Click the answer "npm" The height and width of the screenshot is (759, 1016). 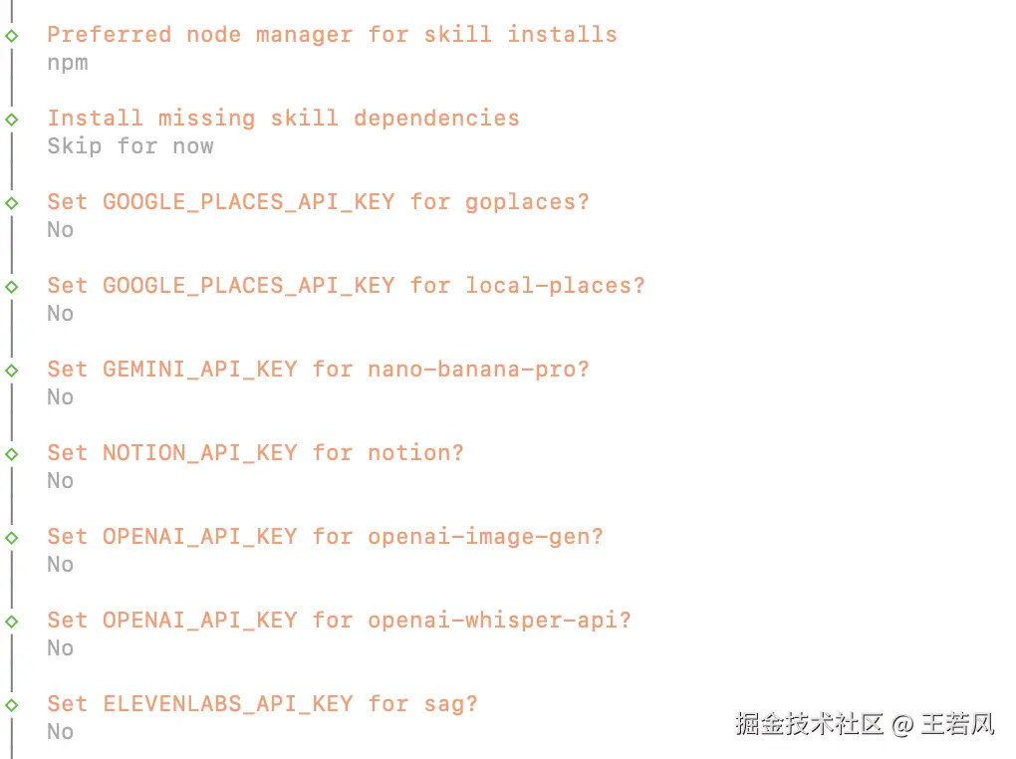point(68,63)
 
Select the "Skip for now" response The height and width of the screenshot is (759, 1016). point(130,146)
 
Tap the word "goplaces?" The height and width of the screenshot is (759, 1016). point(527,202)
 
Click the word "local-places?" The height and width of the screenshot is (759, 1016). point(555,286)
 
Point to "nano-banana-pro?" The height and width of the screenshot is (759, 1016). point(478,370)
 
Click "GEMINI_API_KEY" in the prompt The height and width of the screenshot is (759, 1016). point(199,370)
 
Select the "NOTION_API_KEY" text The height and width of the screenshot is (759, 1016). point(199,453)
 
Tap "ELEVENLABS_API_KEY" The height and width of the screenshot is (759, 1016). point(227,704)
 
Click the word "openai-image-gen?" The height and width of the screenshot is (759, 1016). point(485,537)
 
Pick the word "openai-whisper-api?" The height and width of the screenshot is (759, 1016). point(499,621)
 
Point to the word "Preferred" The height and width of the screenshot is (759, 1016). point(109,35)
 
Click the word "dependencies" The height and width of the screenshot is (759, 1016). point(436,119)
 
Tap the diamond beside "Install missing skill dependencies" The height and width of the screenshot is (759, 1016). point(12,119)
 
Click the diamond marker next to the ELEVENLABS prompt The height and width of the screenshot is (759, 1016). point(12,704)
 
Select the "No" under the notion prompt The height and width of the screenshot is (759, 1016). point(61,481)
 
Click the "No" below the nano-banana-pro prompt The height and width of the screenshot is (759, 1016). point(61,397)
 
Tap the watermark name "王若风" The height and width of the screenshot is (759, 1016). point(957,724)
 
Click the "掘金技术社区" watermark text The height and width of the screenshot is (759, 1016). point(809,724)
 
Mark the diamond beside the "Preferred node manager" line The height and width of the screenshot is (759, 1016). point(12,35)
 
